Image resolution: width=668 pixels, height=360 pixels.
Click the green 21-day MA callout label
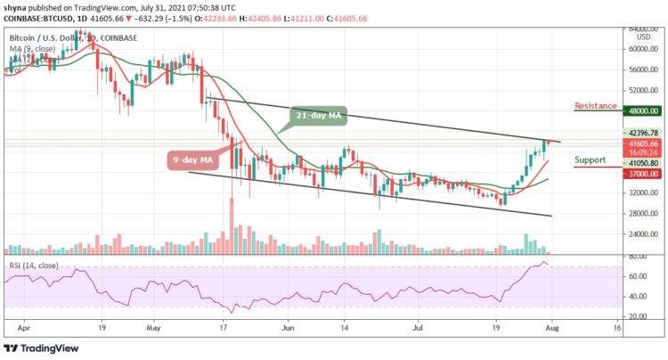pos(317,116)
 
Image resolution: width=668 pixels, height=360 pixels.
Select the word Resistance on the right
pos(596,103)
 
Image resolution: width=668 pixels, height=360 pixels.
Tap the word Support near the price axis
pos(590,160)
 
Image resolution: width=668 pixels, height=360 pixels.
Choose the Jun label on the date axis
pos(287,328)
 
